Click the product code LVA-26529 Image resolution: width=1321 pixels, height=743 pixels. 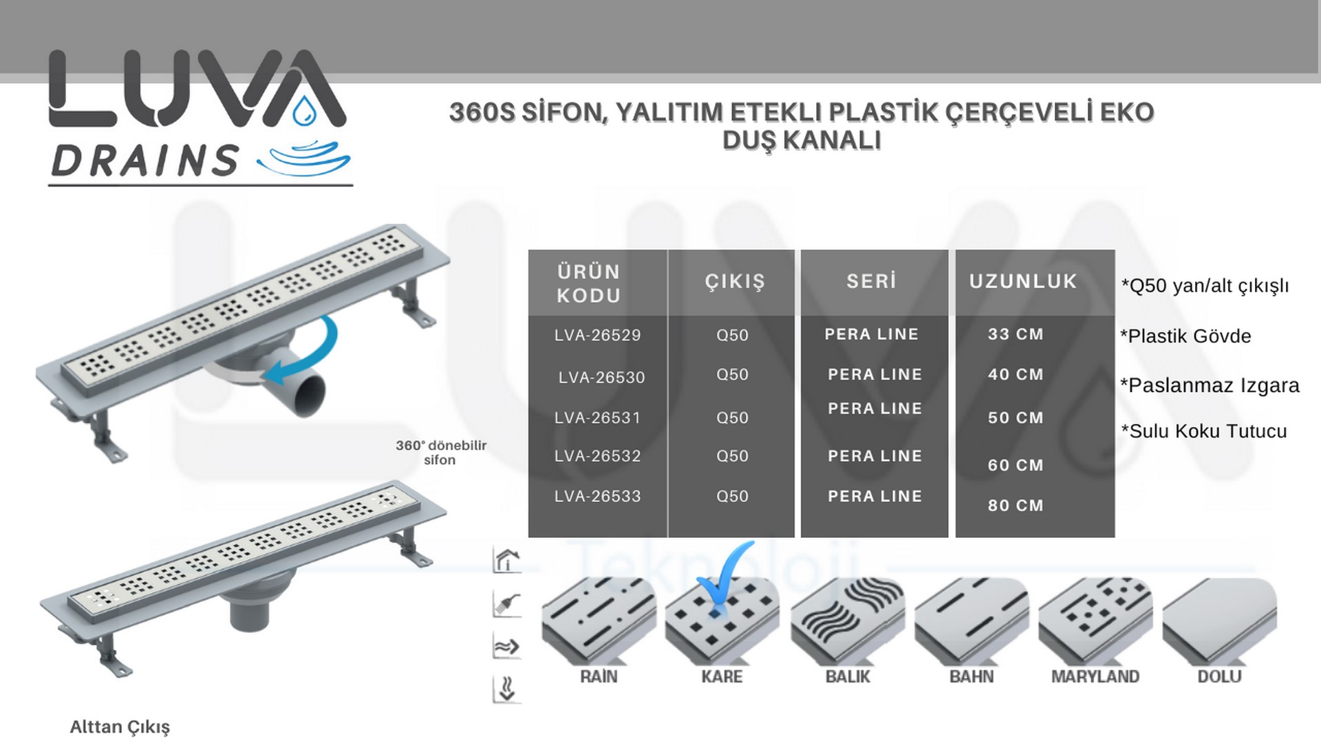pos(597,335)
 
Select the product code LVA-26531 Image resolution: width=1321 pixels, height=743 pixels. pos(597,418)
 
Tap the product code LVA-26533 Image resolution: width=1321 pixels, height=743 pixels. pos(597,496)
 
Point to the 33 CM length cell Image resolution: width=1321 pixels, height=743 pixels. pos(1016,334)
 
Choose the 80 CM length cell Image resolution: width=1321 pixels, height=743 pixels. pos(1016,506)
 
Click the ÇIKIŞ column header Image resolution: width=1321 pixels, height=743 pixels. pos(735,281)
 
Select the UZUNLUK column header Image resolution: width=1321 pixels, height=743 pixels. pos(1023,281)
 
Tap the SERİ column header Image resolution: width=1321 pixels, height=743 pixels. pos(872,281)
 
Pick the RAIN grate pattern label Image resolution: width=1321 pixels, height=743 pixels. pos(599,676)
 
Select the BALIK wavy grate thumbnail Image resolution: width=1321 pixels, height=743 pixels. pos(847,618)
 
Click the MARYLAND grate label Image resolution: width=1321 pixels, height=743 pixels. pos(1095,676)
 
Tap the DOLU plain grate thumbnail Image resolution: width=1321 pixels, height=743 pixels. pos(1219,618)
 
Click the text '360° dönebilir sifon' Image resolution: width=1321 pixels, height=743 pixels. pos(440,452)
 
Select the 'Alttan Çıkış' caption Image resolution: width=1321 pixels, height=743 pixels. pos(120,726)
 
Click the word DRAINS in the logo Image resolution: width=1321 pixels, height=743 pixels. pos(144,161)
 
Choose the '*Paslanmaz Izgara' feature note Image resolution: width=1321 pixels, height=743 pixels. pos(1210,385)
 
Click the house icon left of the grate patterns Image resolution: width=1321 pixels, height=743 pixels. pos(506,560)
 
